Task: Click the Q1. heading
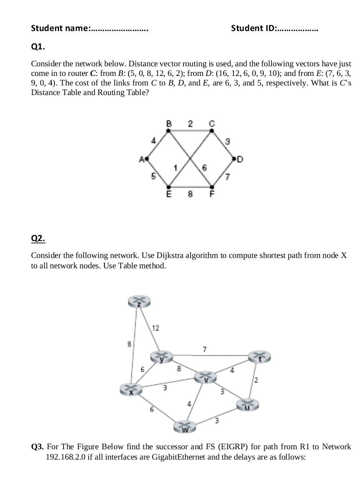pyautogui.click(x=38, y=47)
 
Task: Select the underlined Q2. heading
pyautogui.click(x=38, y=238)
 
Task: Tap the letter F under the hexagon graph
pyautogui.click(x=212, y=194)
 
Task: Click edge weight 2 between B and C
pyautogui.click(x=191, y=123)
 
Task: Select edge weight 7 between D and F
pyautogui.click(x=227, y=176)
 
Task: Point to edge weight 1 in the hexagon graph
pyautogui.click(x=175, y=168)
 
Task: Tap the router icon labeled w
pyautogui.click(x=185, y=427)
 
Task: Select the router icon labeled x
pyautogui.click(x=131, y=390)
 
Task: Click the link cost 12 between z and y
pyautogui.click(x=155, y=328)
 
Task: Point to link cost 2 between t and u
pyautogui.click(x=256, y=380)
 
